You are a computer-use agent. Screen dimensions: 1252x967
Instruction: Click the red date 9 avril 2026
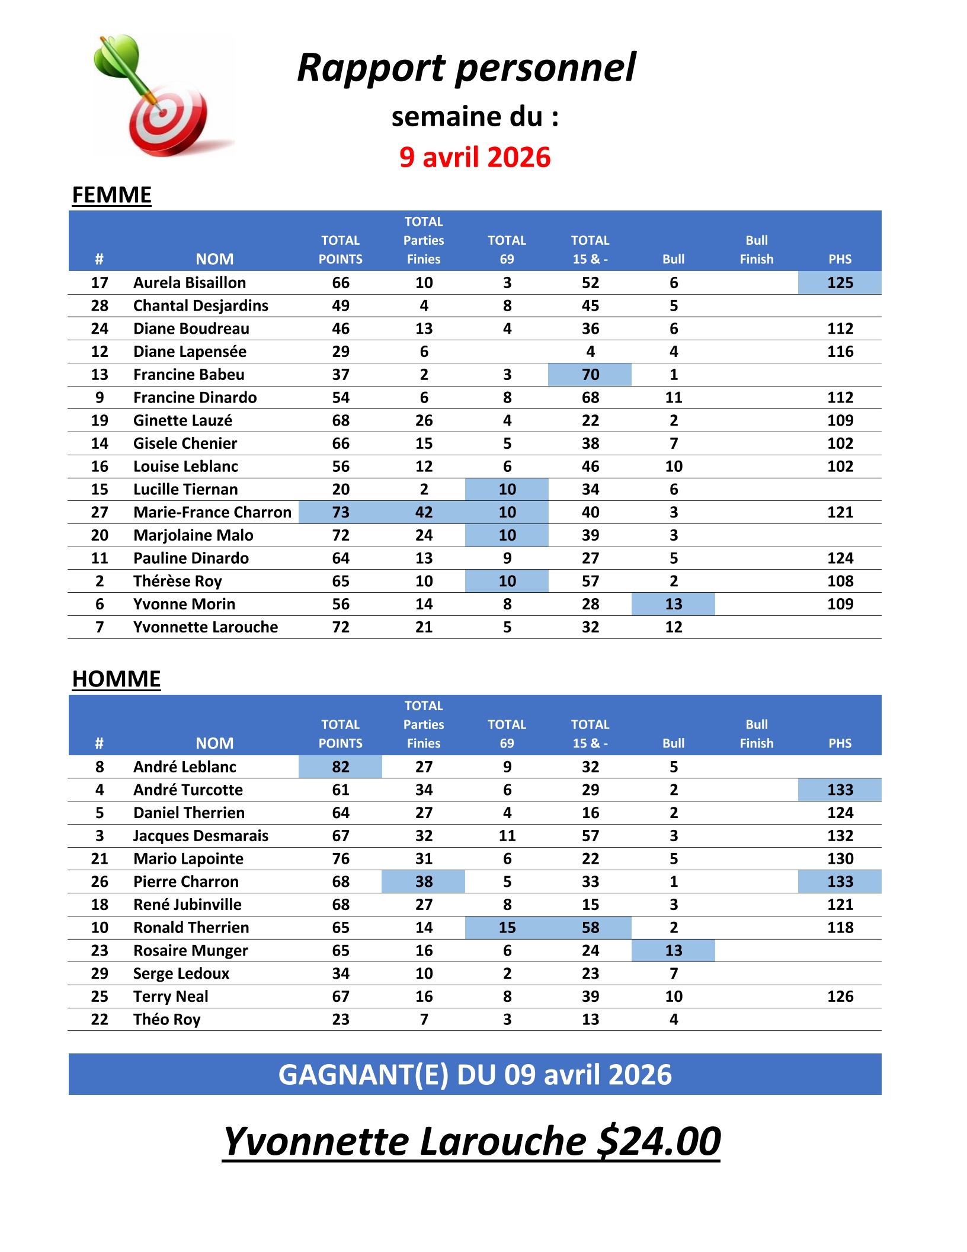(475, 158)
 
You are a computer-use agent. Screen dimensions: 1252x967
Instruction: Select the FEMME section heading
(111, 195)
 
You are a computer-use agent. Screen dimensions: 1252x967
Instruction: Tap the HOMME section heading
(116, 679)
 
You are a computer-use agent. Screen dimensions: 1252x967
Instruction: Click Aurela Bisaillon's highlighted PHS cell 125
(840, 283)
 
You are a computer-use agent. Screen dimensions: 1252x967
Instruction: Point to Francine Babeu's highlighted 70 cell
(590, 375)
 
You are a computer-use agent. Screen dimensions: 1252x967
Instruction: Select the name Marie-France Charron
(212, 512)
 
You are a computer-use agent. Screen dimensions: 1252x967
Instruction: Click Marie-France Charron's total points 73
(341, 512)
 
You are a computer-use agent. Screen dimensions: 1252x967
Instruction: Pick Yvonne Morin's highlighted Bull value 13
(673, 604)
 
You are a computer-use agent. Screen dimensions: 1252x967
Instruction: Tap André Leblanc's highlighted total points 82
(341, 767)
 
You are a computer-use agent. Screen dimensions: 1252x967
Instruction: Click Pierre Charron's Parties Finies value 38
(424, 881)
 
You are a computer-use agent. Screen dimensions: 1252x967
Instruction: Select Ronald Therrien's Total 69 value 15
(507, 928)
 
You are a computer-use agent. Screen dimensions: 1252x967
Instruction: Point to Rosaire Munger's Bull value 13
(673, 951)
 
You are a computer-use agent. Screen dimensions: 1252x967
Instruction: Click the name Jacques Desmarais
(200, 836)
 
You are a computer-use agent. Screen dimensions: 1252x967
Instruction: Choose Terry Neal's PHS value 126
(840, 997)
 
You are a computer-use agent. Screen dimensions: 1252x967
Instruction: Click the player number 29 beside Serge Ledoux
(100, 974)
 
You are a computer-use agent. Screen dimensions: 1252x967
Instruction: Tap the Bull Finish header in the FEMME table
(757, 250)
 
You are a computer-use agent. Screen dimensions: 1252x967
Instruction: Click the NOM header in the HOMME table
(214, 743)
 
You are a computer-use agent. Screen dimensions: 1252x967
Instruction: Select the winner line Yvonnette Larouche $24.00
(472, 1141)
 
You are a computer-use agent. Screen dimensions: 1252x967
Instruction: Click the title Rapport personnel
(466, 67)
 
